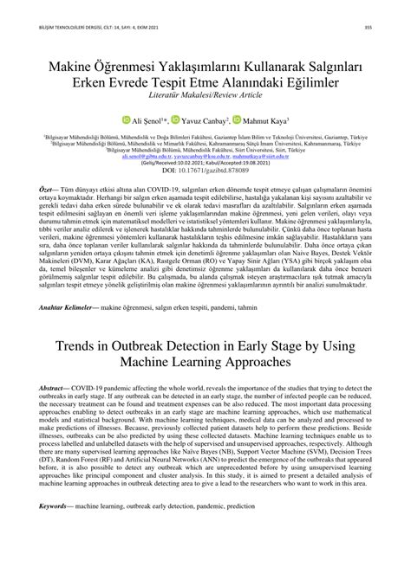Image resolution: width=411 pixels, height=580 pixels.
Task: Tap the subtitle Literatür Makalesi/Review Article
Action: tap(205, 93)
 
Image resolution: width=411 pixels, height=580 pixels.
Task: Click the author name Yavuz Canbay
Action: tap(206, 121)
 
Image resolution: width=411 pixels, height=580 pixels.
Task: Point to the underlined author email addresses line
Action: tap(205, 157)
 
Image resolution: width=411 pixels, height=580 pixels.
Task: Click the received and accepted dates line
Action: tap(205, 164)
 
